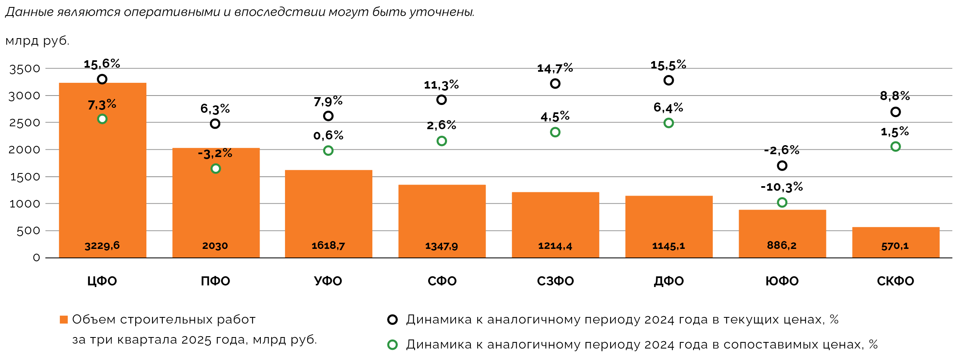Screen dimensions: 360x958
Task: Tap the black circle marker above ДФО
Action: (x=668, y=80)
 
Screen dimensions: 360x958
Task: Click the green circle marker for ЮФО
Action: (x=782, y=203)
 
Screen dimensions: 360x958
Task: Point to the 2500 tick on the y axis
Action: (x=25, y=123)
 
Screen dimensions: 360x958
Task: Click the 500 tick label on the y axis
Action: (x=28, y=231)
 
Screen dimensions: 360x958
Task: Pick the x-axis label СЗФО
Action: (x=555, y=281)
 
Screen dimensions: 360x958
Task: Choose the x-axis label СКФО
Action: (x=895, y=281)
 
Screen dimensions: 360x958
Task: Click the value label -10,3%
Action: (x=782, y=187)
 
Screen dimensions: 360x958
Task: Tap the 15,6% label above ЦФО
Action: (x=102, y=64)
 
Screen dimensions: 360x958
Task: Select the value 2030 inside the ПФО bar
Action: (x=215, y=246)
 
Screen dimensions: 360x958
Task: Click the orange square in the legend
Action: (x=64, y=320)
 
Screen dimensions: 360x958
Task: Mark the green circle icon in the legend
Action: (x=392, y=345)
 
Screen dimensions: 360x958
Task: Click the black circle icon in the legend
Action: (x=392, y=320)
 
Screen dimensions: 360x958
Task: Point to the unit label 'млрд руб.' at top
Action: (x=37, y=41)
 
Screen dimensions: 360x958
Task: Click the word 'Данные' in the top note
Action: (x=30, y=12)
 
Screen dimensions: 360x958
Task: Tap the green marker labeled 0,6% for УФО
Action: (x=328, y=150)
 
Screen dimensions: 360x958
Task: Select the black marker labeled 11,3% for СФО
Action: (x=441, y=100)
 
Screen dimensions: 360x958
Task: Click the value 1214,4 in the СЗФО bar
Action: (x=555, y=246)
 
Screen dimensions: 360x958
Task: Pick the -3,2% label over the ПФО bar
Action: (x=215, y=154)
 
